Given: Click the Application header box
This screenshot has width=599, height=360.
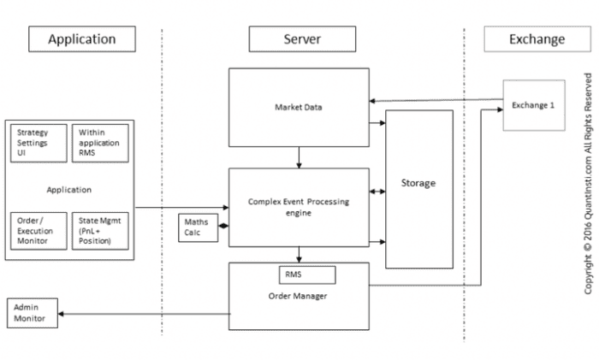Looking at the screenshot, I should [x=81, y=39].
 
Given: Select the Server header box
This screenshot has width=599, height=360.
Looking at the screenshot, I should [x=302, y=39].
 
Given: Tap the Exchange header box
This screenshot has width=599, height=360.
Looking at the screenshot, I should [x=537, y=39].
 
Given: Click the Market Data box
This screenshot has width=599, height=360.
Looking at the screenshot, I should [x=299, y=108].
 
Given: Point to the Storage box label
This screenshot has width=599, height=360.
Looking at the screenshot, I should [x=418, y=183].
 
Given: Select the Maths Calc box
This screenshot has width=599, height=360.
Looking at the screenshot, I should [x=195, y=227].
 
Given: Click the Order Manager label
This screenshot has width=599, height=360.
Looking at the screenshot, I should [x=299, y=297].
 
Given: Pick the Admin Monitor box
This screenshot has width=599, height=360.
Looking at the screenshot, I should [x=33, y=312].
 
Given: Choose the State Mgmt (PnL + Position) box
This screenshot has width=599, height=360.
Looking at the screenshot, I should [x=98, y=230].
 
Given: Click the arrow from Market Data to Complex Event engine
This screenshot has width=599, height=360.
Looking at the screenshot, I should [x=299, y=156].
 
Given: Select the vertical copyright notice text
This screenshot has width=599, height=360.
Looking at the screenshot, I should [x=588, y=184].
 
